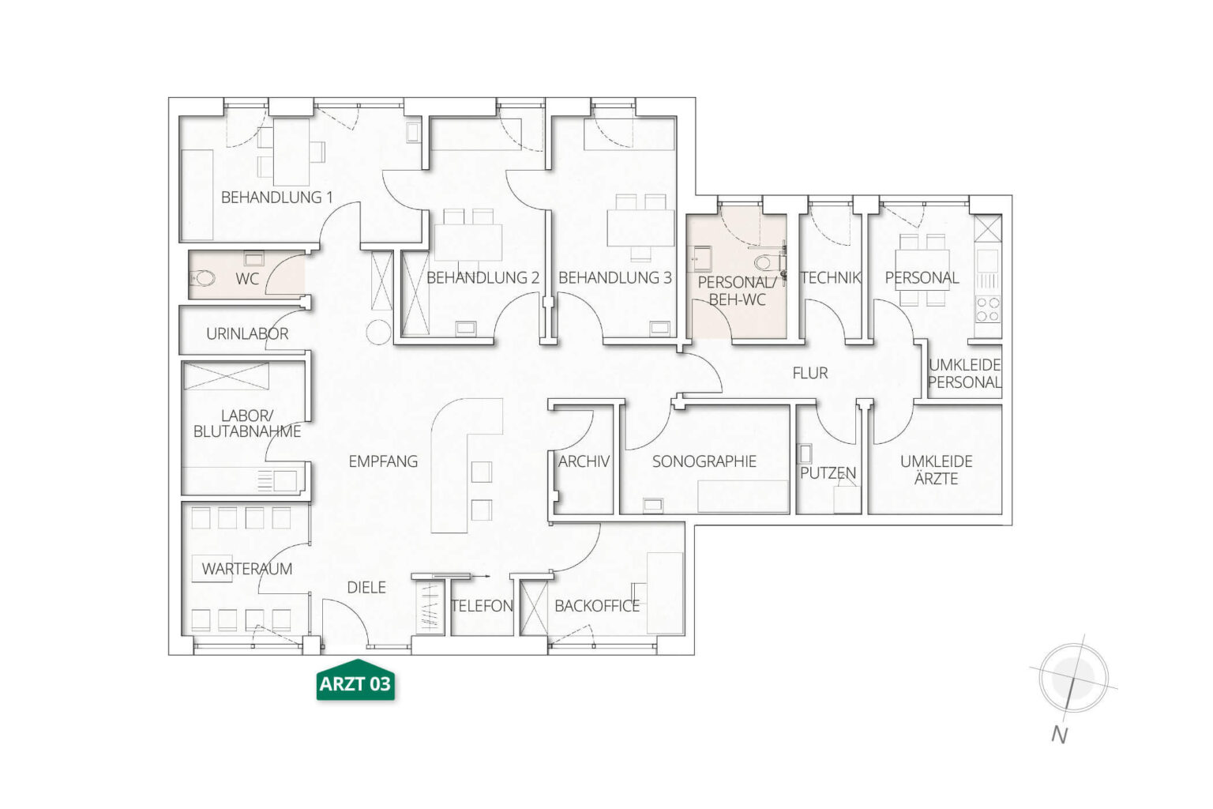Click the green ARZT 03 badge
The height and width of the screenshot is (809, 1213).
tap(355, 680)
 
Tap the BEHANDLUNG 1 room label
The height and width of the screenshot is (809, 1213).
tap(276, 198)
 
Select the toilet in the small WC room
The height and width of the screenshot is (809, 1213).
tap(204, 279)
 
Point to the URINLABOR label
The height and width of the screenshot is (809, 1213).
tap(247, 333)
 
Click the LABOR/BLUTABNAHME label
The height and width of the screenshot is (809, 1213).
tap(247, 423)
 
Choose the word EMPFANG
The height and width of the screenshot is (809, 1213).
tap(383, 461)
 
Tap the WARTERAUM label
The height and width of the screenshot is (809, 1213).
tap(247, 569)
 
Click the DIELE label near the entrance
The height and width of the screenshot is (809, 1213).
tap(366, 587)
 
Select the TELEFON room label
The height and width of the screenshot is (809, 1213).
tap(482, 606)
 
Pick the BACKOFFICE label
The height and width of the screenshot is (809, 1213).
tap(597, 606)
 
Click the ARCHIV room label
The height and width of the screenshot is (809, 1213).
tap(584, 461)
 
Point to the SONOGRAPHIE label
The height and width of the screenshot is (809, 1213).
tap(704, 461)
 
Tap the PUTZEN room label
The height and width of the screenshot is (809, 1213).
tap(828, 473)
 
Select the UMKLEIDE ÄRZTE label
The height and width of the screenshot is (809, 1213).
tap(937, 470)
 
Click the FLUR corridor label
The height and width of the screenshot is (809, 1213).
tap(810, 374)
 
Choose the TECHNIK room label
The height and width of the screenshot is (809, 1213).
tap(831, 278)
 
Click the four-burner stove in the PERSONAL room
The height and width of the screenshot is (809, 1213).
tap(987, 310)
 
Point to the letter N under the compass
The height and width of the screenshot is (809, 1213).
tap(1059, 736)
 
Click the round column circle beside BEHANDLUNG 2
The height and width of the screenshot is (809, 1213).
tap(378, 332)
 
